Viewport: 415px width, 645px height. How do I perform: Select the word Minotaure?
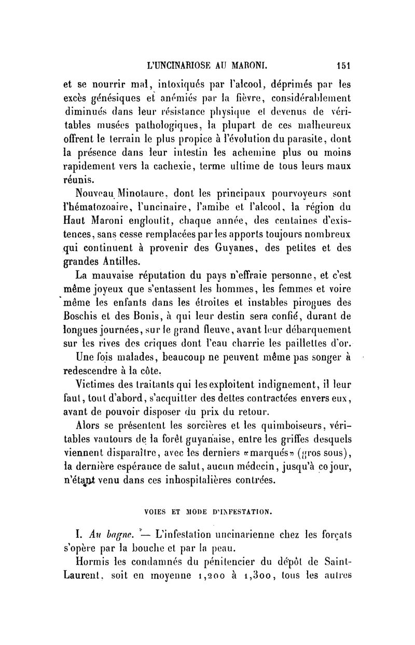[133, 195]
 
